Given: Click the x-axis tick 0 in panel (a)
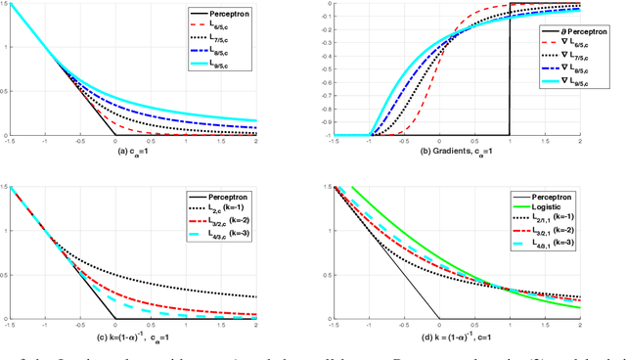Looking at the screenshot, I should (x=114, y=141).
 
